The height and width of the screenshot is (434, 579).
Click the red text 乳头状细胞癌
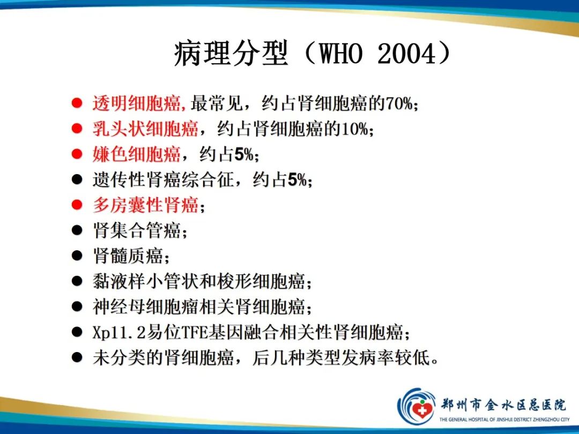pos(145,129)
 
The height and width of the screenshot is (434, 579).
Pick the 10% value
pos(357,129)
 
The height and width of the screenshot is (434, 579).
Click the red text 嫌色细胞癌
pos(136,155)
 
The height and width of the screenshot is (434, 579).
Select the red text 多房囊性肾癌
pos(145,205)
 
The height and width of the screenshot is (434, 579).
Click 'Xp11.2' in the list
pos(112,333)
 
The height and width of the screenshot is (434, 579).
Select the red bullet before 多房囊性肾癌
pos(78,205)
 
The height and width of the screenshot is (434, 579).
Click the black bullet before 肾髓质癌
pos(78,256)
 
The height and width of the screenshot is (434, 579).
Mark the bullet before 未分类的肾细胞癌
pos(78,358)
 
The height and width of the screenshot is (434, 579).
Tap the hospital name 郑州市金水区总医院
pos(503,403)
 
